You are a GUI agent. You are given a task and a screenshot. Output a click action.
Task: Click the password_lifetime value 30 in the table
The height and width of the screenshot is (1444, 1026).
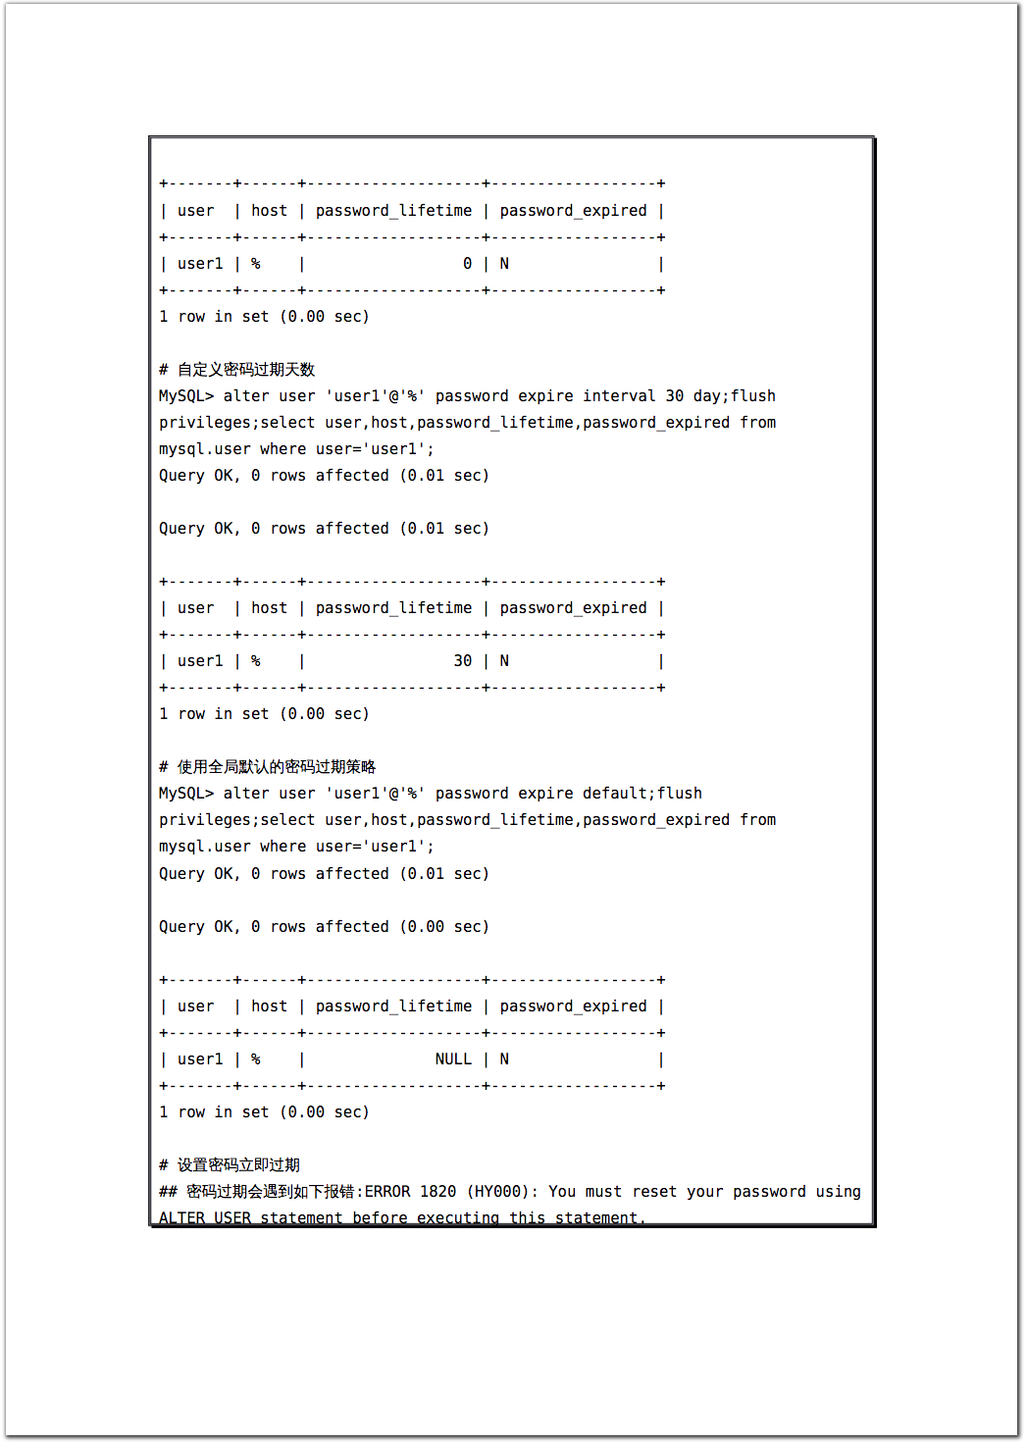(x=462, y=661)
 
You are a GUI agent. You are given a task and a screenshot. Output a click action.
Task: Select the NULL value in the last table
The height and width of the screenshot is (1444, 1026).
(x=453, y=1059)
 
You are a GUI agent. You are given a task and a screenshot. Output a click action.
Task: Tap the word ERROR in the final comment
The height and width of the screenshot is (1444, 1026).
(x=387, y=1192)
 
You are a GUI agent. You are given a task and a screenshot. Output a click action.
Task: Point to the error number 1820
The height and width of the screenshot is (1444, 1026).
(x=437, y=1192)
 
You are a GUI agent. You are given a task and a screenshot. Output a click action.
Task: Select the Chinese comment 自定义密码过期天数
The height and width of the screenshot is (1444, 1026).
(x=245, y=370)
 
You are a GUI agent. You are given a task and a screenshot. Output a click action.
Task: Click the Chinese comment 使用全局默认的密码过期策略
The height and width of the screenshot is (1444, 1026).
(x=276, y=767)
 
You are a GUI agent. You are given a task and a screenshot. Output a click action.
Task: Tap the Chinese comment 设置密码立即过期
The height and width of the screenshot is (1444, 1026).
(x=238, y=1165)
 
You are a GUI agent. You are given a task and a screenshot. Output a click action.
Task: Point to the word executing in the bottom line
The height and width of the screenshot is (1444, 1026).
(x=458, y=1217)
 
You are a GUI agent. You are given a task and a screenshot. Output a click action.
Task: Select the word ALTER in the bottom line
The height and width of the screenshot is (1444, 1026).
(x=181, y=1217)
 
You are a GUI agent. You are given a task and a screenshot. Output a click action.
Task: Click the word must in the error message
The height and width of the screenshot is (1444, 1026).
(x=603, y=1192)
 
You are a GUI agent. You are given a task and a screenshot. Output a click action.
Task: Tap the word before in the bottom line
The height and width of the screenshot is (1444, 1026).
(x=380, y=1217)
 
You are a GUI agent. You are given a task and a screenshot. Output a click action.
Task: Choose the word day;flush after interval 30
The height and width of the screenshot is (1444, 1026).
(x=734, y=396)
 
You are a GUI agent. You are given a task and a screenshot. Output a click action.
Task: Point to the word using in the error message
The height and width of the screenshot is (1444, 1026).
(x=838, y=1192)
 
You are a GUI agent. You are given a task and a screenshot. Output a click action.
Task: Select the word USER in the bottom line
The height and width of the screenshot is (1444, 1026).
(x=232, y=1217)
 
